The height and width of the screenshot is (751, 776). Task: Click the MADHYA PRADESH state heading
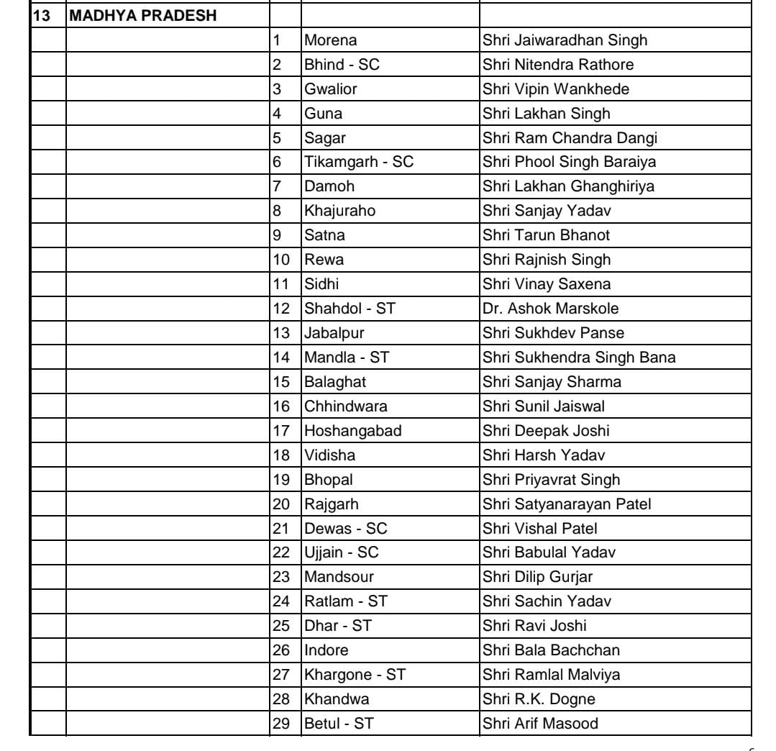144,16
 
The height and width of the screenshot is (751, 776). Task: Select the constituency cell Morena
331,40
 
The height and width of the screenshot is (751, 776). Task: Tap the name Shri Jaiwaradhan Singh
565,40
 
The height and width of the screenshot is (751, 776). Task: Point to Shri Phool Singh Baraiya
569,162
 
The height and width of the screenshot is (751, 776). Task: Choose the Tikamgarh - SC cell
359,162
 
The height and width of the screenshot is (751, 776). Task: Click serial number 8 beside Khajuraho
277,211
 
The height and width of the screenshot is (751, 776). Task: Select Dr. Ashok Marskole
550,309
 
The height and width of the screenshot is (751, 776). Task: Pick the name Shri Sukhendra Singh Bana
579,358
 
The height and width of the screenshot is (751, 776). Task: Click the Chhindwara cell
346,406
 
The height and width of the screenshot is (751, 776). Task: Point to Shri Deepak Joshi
546,431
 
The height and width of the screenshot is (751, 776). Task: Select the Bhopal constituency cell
329,480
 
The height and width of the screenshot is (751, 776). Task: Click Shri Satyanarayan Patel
567,504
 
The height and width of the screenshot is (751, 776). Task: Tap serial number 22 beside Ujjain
280,553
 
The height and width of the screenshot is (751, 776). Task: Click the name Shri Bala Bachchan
551,651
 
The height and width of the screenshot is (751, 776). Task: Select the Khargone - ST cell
355,675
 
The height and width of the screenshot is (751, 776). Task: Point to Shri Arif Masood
540,724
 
